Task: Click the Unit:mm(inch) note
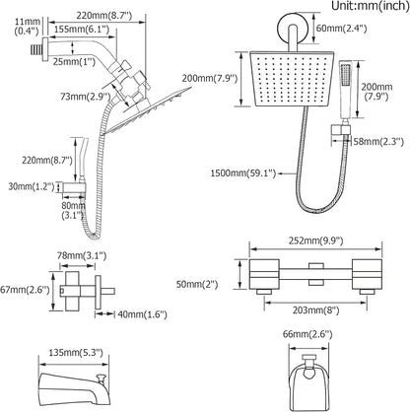tap(371, 6)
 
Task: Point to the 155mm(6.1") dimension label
tap(82, 30)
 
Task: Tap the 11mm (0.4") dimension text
tap(28, 27)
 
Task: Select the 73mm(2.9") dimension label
tap(85, 97)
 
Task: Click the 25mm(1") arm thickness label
tap(74, 61)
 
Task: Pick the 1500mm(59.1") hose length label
tap(243, 173)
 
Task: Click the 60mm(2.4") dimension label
tap(341, 29)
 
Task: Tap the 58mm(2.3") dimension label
tap(378, 142)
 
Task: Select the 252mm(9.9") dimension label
tap(316, 240)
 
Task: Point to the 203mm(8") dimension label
tap(315, 310)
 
